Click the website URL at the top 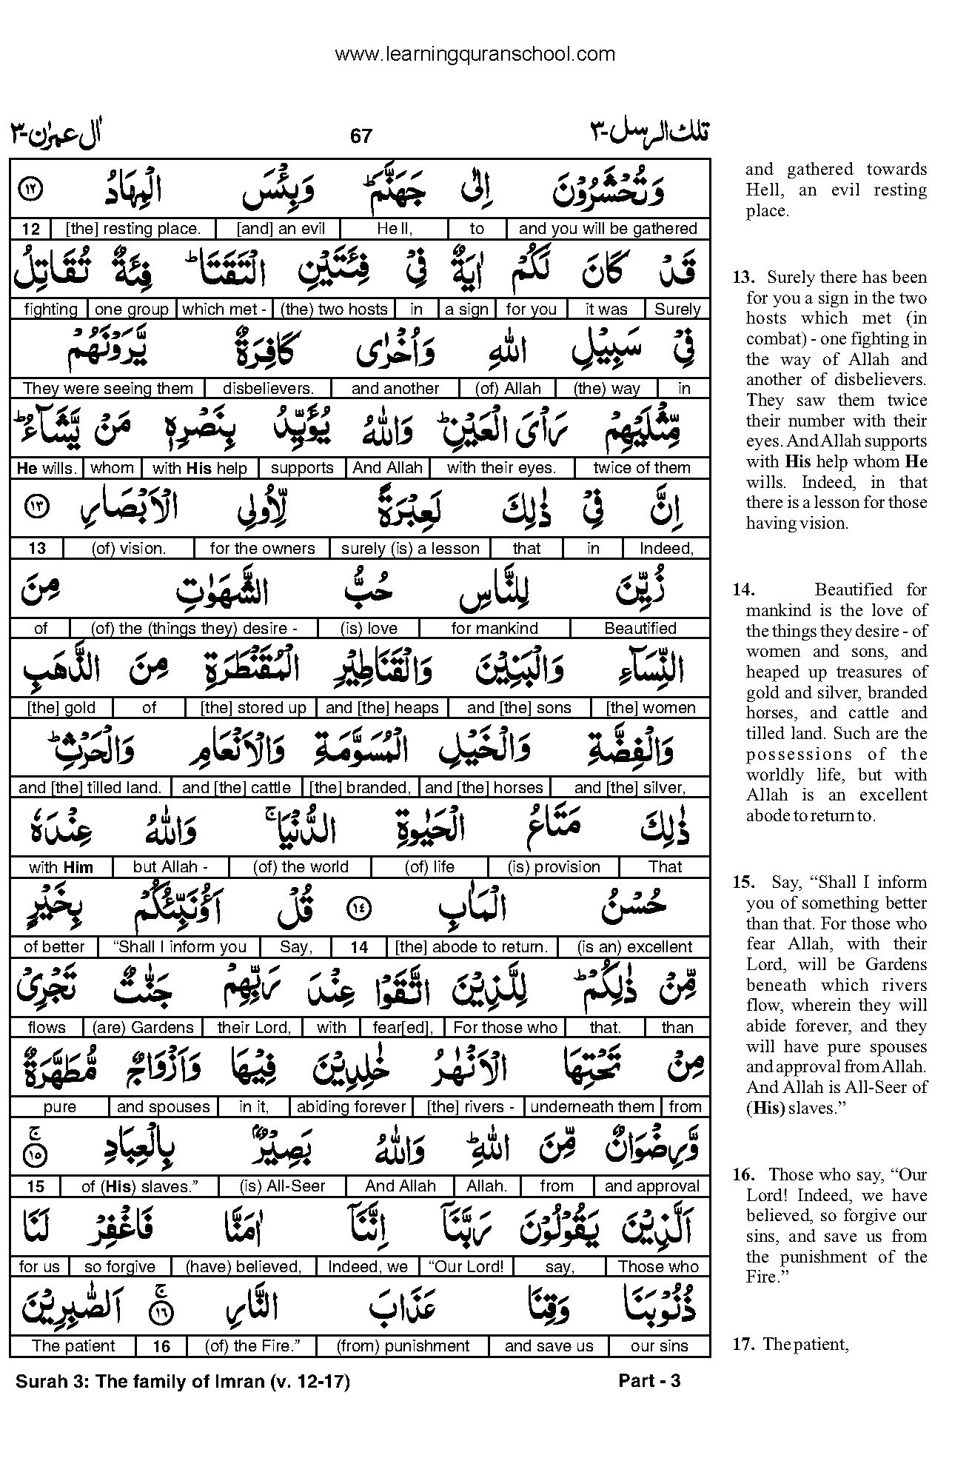click(x=475, y=54)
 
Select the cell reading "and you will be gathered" click(x=608, y=229)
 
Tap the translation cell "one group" click(x=133, y=309)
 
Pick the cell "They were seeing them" click(x=108, y=389)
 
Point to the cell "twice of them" click(x=641, y=468)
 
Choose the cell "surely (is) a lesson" click(x=410, y=549)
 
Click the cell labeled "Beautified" click(x=640, y=629)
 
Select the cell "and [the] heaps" click(x=382, y=708)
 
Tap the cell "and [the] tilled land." click(x=90, y=788)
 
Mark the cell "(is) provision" click(x=554, y=867)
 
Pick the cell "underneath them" click(x=592, y=1107)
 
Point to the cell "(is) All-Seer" click(x=283, y=1186)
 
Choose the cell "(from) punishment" click(x=403, y=1346)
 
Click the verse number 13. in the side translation click(x=743, y=278)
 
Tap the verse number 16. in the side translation click(x=743, y=1174)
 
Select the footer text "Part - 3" click(x=648, y=1380)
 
